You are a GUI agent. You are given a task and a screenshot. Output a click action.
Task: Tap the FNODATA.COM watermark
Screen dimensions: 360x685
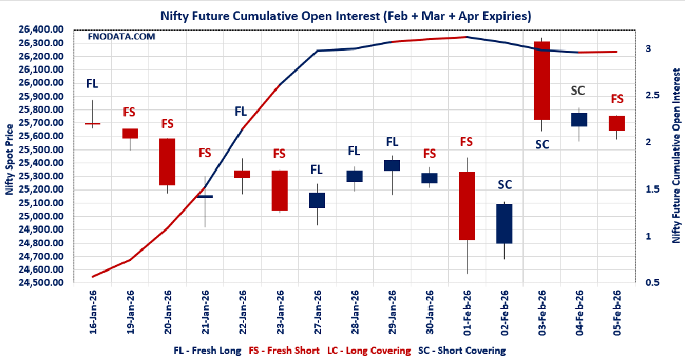(x=121, y=36)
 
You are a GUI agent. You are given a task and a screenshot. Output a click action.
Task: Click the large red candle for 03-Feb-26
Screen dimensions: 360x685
(x=541, y=80)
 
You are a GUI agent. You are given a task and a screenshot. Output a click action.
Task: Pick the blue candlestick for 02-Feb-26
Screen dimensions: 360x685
(x=504, y=223)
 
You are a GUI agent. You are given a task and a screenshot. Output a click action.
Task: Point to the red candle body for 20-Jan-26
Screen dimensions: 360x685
(x=167, y=162)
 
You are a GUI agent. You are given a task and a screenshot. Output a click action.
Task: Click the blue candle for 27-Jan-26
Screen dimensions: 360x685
(x=317, y=200)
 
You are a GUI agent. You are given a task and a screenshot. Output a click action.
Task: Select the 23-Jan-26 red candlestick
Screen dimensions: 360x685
(x=279, y=191)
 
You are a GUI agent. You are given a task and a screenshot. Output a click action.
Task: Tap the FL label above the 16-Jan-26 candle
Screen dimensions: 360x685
(x=92, y=84)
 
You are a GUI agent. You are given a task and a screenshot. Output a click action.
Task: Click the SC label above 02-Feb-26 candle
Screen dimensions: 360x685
(x=504, y=185)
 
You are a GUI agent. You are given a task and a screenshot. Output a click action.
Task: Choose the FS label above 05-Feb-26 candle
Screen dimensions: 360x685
(x=617, y=99)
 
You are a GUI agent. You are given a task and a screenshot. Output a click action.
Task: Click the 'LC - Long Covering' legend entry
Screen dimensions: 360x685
(x=369, y=350)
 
